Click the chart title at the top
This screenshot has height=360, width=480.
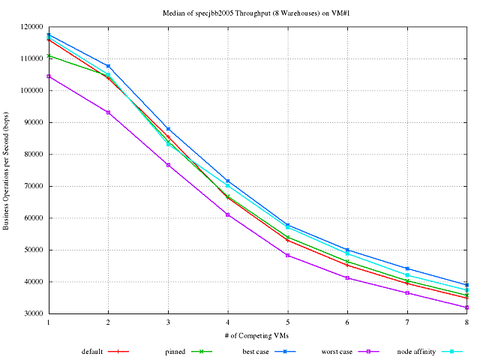tap(256, 13)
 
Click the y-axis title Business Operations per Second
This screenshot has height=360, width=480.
tap(7, 169)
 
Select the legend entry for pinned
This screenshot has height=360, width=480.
tap(175, 350)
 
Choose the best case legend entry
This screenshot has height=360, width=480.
tap(256, 350)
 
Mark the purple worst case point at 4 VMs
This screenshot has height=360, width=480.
tap(228, 214)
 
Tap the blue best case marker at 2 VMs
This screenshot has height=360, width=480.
tap(108, 66)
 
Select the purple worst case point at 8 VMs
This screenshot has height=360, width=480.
tap(466, 307)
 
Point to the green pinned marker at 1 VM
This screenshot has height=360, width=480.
tap(49, 55)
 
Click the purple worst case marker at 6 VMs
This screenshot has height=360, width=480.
tap(347, 277)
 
